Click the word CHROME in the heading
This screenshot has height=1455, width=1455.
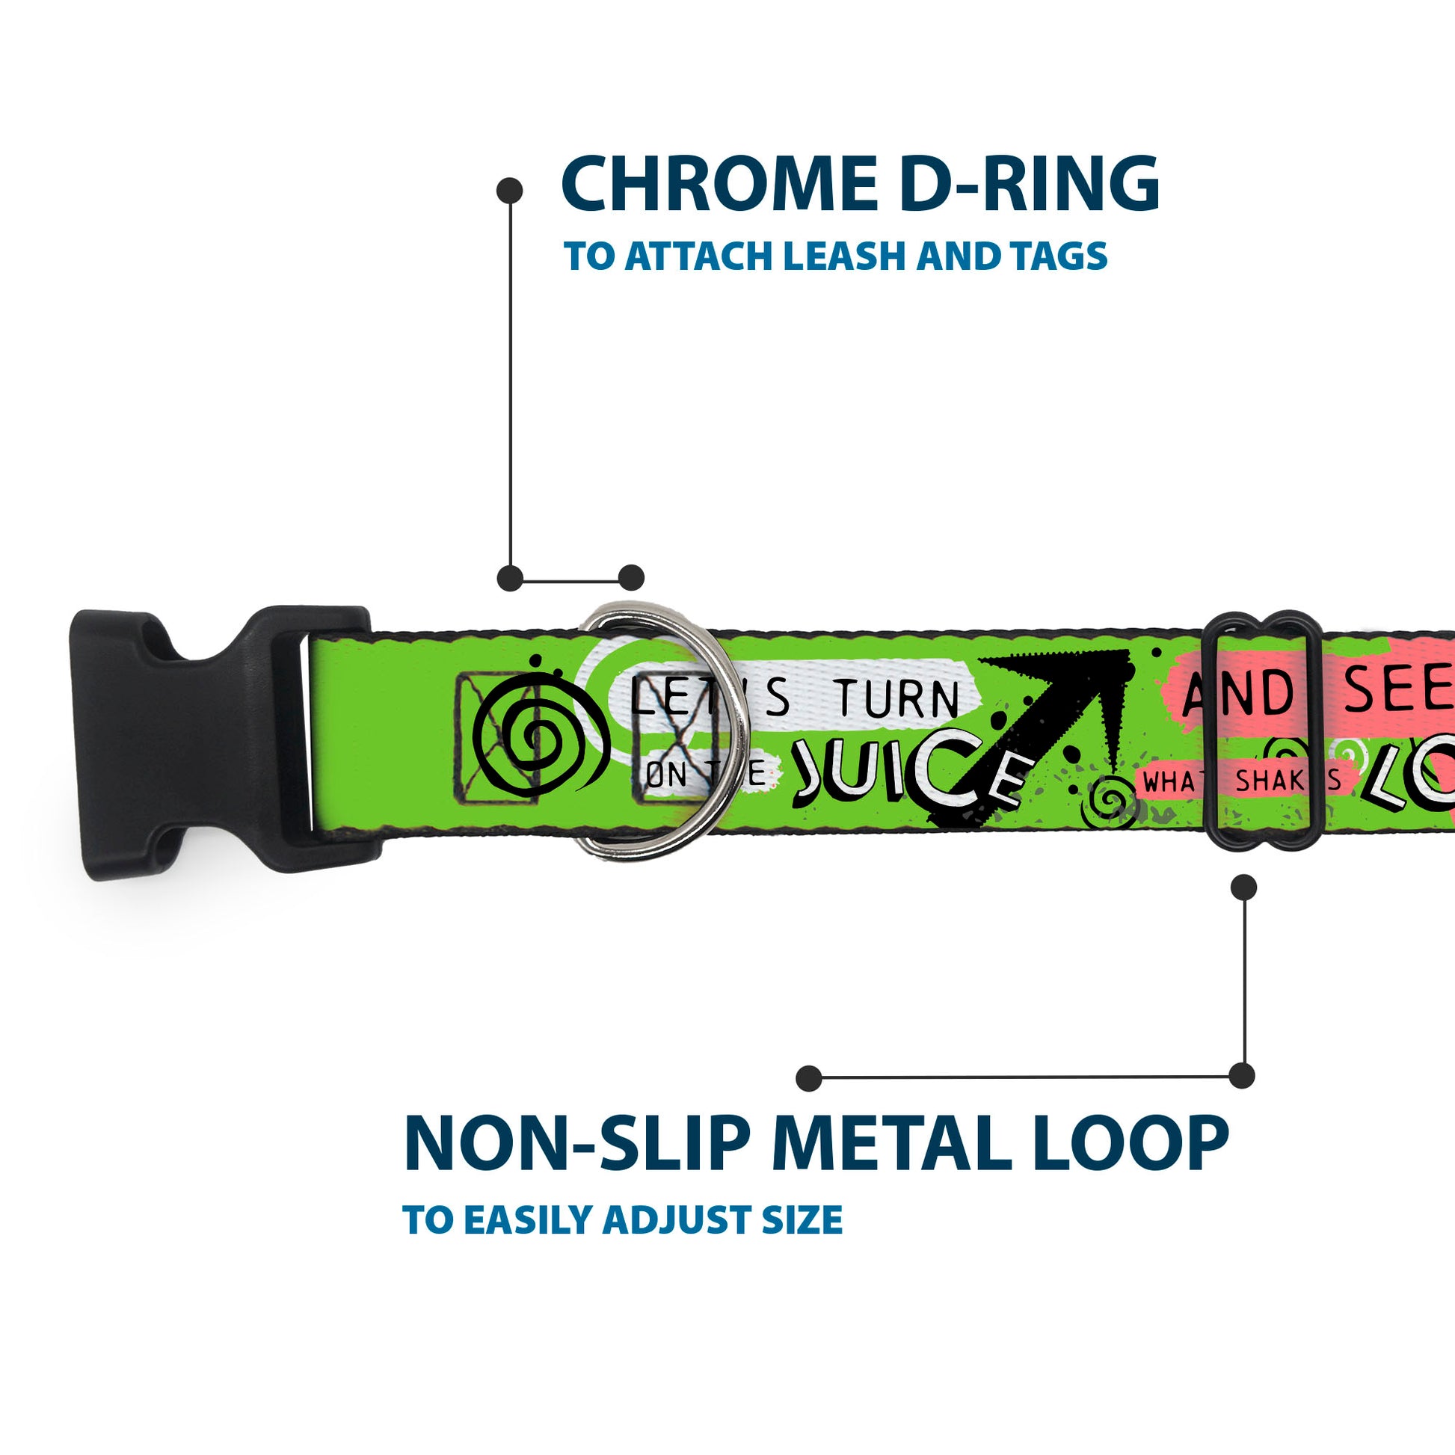tap(719, 185)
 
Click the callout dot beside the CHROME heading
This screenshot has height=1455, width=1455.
tap(510, 191)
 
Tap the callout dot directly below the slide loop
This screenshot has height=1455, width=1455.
tap(1244, 888)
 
